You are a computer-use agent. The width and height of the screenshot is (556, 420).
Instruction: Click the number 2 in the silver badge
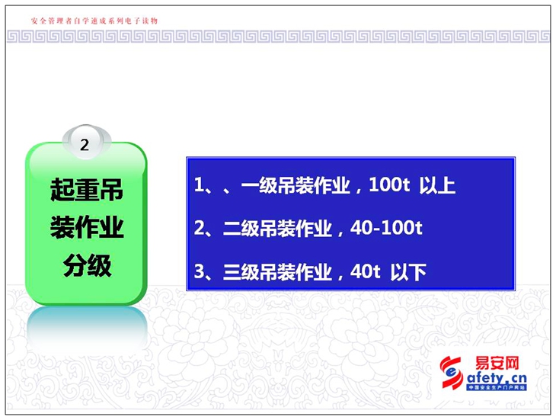click(x=85, y=145)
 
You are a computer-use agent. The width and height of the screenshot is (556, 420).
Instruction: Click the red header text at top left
click(x=94, y=21)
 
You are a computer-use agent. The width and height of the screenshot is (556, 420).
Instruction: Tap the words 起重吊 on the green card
click(x=87, y=190)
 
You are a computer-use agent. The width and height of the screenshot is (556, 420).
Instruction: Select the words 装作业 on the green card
click(x=87, y=227)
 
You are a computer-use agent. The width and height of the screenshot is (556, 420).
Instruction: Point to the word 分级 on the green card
click(x=87, y=265)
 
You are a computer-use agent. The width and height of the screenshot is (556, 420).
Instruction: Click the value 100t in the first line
click(x=389, y=184)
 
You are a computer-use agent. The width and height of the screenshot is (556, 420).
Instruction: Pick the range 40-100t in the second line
click(x=386, y=228)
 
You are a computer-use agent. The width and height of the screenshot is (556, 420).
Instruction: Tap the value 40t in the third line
click(x=366, y=271)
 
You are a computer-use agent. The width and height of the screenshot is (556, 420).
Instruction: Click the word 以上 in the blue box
click(x=437, y=185)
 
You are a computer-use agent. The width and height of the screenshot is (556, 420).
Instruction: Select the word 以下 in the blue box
click(x=408, y=272)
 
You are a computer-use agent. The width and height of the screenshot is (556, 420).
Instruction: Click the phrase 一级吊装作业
click(x=296, y=185)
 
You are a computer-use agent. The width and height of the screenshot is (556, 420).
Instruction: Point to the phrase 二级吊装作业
click(x=277, y=229)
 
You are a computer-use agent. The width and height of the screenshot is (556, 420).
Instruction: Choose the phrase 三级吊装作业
click(x=277, y=272)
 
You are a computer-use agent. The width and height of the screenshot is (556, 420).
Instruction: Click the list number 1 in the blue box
click(x=199, y=184)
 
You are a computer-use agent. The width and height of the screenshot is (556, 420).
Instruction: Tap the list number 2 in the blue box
click(x=199, y=228)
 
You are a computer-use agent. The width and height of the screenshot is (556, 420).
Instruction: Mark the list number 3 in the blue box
click(x=199, y=271)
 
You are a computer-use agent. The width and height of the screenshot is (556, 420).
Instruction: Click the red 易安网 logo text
click(x=497, y=363)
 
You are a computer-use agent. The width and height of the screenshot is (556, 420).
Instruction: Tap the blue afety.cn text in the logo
click(x=497, y=377)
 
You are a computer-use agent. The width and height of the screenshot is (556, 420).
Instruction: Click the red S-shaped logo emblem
click(x=452, y=373)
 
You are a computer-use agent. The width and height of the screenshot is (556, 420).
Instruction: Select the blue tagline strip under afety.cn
click(x=497, y=387)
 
